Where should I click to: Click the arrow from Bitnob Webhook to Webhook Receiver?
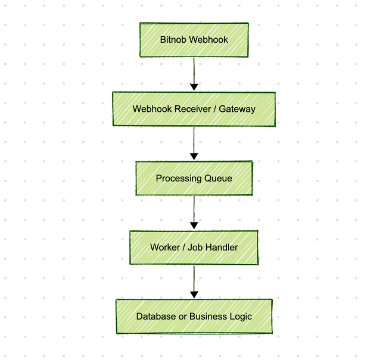194,73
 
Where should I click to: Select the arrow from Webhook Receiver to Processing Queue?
194,142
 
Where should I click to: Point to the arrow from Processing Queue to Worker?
194,211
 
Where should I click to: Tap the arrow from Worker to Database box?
194,281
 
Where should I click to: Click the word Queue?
218,179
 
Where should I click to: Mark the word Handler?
221,248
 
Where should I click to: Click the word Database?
156,317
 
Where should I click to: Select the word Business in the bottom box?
208,317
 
